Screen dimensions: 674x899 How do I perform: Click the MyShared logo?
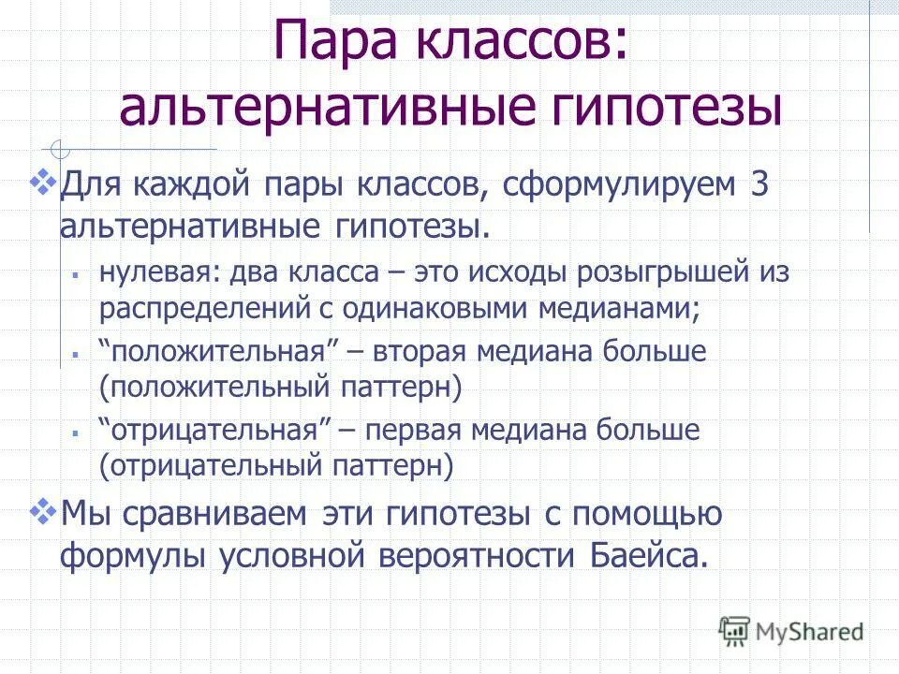point(791,631)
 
